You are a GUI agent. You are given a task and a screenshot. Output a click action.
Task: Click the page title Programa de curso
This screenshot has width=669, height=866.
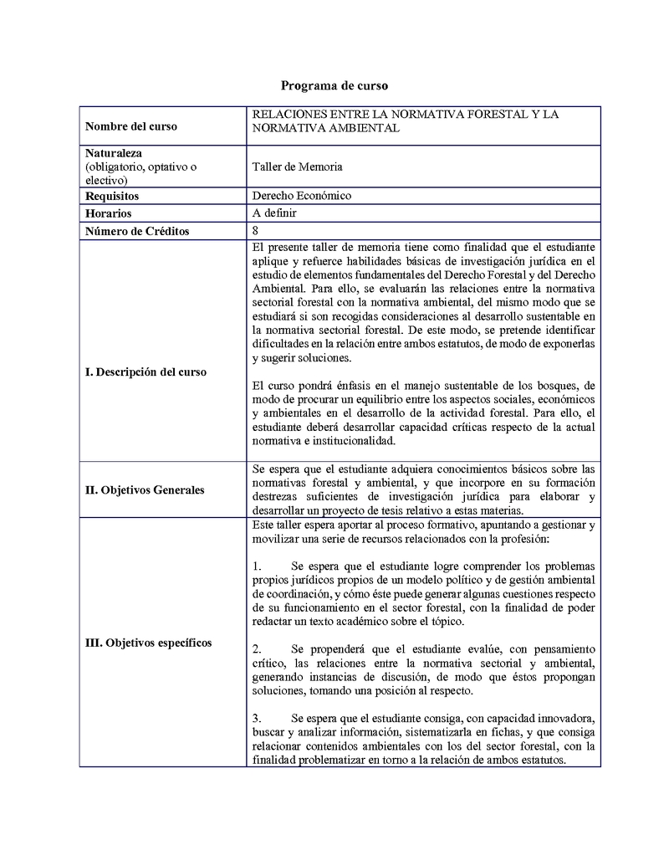[334, 85]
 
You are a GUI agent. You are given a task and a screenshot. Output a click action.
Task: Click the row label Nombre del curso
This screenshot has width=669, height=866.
[131, 126]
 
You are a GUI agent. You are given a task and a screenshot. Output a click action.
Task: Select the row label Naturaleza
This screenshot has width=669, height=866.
[114, 154]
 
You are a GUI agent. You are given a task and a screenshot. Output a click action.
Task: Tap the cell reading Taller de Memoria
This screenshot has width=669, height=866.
[297, 167]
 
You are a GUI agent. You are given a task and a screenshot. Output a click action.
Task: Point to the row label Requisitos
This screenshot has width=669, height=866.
[112, 197]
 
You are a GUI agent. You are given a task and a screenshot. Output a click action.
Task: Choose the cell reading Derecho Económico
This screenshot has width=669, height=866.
[302, 196]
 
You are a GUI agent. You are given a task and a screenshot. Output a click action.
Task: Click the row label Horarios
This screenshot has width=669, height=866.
[109, 213]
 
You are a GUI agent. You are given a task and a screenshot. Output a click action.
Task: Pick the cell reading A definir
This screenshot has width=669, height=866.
[274, 213]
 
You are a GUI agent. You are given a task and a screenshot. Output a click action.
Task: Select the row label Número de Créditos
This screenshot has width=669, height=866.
[137, 231]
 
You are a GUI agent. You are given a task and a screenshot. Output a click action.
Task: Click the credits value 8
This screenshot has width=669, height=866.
[255, 230]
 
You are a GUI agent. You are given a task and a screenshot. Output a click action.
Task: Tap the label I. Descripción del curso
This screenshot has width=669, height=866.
[146, 372]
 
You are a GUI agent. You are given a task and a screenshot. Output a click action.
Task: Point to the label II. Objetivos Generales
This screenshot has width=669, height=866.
[145, 489]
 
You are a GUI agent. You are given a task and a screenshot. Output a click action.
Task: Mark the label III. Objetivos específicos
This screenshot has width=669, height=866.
[149, 643]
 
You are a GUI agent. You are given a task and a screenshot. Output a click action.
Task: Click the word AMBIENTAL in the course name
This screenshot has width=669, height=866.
[362, 128]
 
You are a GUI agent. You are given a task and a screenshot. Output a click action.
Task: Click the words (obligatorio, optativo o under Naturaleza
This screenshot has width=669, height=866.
[141, 167]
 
